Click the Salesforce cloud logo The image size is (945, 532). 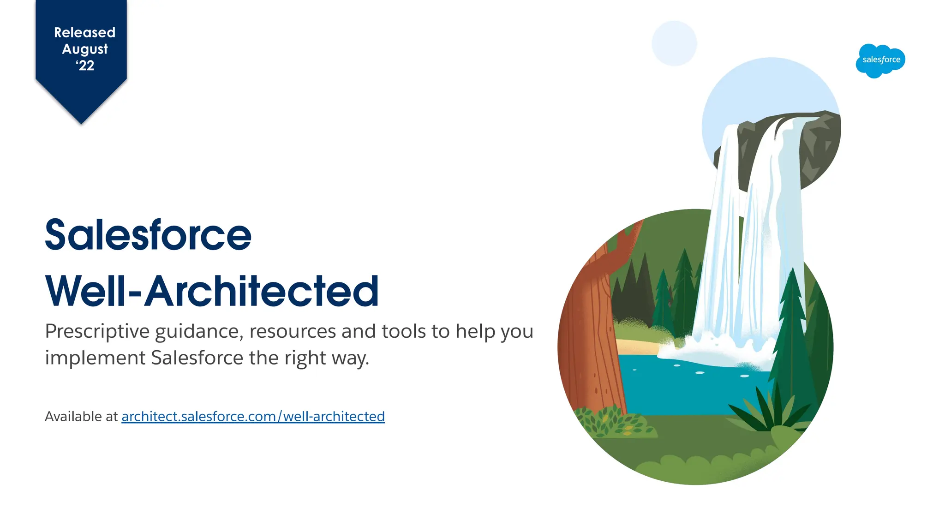click(880, 60)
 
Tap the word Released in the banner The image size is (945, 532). click(84, 32)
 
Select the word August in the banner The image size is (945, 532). click(85, 49)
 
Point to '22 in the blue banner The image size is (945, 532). click(85, 66)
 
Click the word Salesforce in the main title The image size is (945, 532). click(148, 235)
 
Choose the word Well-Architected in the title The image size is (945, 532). click(212, 291)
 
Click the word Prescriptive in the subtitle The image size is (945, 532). click(97, 332)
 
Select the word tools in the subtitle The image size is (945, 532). click(404, 331)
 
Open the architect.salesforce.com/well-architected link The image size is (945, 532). click(253, 417)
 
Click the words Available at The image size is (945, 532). click(81, 417)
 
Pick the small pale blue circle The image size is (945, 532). click(674, 43)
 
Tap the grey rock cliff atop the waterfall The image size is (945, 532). click(817, 148)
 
